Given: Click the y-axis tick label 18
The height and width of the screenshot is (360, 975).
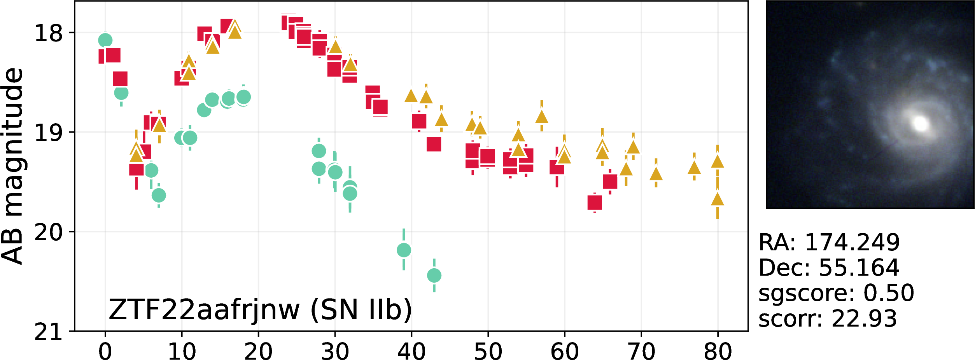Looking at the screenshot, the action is [x=49, y=33].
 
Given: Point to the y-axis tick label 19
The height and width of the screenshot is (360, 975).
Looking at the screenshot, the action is [x=49, y=133].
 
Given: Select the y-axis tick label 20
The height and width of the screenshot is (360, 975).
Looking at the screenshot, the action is [x=49, y=232].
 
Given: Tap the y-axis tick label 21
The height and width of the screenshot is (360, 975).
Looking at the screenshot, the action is [x=49, y=332].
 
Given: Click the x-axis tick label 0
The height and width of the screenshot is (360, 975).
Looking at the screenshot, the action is [x=105, y=351].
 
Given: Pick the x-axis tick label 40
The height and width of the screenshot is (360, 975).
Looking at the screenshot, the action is [x=411, y=351].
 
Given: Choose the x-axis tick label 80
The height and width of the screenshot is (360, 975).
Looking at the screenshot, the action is [x=718, y=351].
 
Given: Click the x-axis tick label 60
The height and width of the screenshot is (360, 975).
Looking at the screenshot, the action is [x=564, y=351].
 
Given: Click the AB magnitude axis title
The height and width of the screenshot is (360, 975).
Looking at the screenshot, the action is [x=13, y=166].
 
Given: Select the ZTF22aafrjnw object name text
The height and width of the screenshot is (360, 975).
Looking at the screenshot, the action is [x=204, y=310].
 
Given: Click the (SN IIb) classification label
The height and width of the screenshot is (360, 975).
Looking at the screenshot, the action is [x=361, y=310].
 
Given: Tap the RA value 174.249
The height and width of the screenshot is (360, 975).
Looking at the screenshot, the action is [x=852, y=242].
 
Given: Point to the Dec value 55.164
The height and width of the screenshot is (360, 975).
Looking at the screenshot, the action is [x=859, y=267].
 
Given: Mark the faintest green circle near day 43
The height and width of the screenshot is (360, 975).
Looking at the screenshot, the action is [x=434, y=276].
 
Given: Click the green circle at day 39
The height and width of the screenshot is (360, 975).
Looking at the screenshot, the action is [x=404, y=250].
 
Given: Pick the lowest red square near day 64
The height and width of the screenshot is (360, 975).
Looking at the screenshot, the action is [x=595, y=203].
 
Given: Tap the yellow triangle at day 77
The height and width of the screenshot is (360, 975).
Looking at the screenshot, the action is [x=694, y=168].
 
